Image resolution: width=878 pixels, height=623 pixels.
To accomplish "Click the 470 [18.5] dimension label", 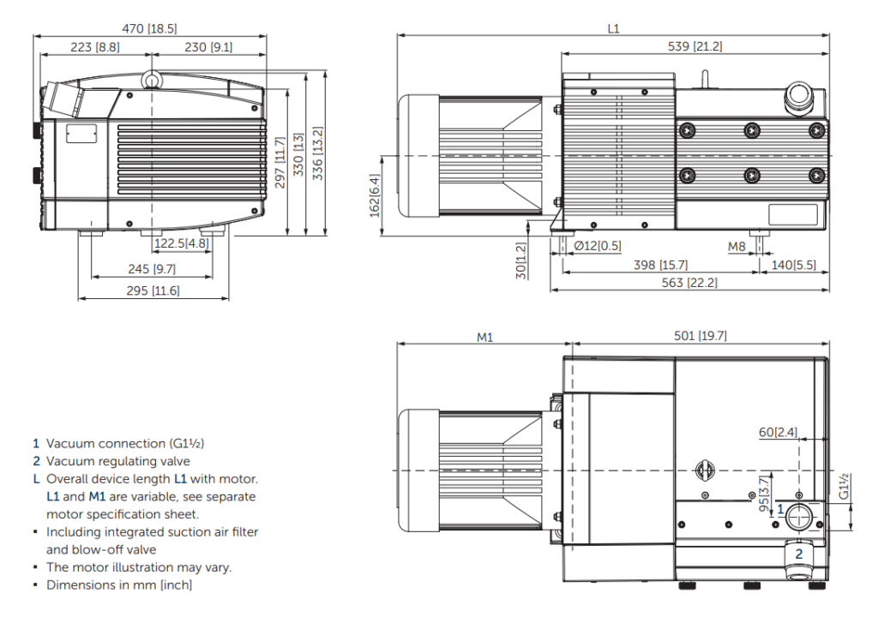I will coord(150,28).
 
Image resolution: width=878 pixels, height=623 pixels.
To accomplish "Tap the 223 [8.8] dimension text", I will coord(95,47).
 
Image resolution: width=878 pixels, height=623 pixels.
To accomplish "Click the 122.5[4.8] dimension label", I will coord(182,244).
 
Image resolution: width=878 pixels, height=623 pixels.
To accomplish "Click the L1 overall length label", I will coord(613,28).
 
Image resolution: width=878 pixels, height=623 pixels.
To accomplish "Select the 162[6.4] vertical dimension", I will coord(375,195).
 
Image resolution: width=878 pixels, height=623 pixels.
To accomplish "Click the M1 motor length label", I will coord(485,336).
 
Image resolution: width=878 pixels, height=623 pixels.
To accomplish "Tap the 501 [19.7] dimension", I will coord(700,336).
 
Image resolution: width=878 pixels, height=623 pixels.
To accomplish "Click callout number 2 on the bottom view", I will coord(799,554).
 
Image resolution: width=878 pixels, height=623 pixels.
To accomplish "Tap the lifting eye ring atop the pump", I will coord(152,80).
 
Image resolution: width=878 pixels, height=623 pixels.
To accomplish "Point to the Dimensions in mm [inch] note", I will coord(119,584).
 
